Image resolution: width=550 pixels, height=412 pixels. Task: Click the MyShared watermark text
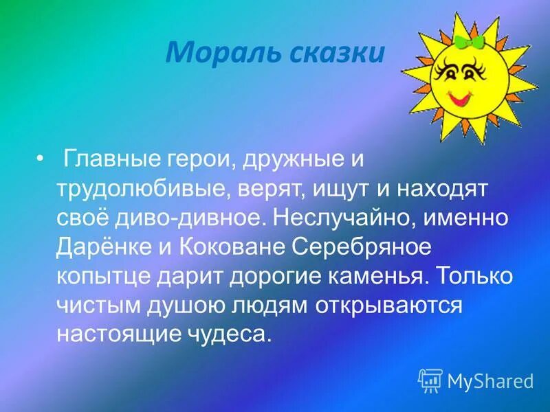(x=490, y=380)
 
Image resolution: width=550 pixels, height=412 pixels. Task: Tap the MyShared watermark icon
(x=430, y=380)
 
